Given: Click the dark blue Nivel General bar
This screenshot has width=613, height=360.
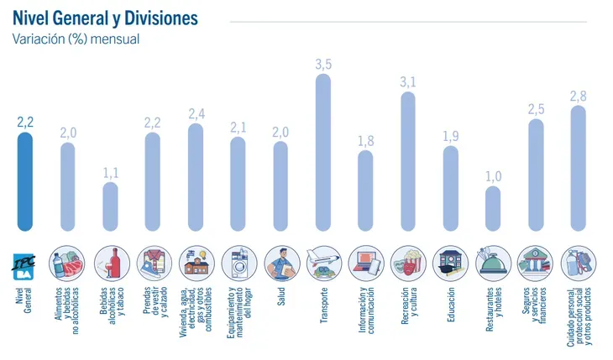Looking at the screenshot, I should pyautogui.click(x=25, y=181).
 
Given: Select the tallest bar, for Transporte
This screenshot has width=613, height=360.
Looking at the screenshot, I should pyautogui.click(x=323, y=152).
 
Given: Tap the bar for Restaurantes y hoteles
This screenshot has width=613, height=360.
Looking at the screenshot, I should pyautogui.click(x=493, y=208).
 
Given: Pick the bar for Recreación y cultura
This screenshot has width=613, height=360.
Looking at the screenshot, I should pyautogui.click(x=408, y=160).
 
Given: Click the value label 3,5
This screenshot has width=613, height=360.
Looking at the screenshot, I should pyautogui.click(x=323, y=65).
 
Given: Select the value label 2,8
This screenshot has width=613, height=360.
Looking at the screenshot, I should pyautogui.click(x=578, y=96).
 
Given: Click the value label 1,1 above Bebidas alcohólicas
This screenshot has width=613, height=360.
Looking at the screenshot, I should pyautogui.click(x=111, y=172).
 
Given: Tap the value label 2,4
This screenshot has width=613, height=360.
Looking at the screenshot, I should pyautogui.click(x=196, y=113).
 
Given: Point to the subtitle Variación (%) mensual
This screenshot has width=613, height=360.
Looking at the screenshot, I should pyautogui.click(x=76, y=39).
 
